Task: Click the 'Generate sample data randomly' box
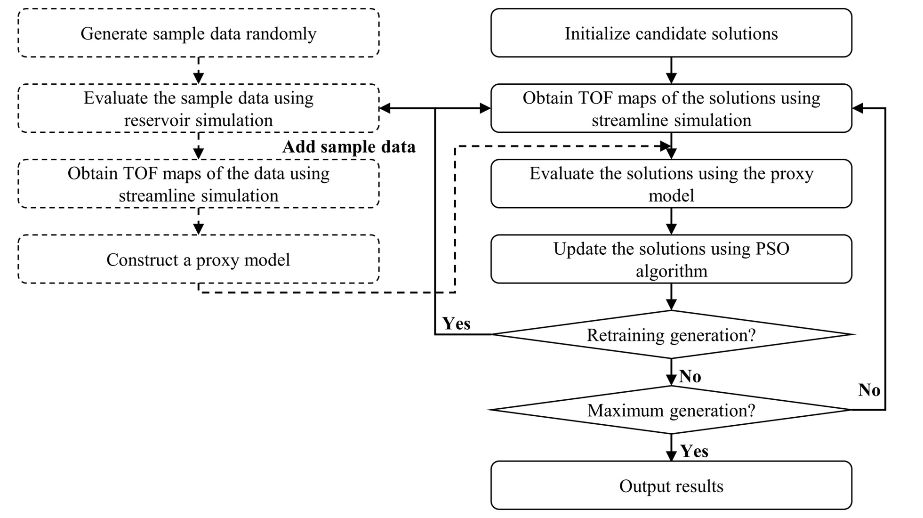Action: click(x=198, y=33)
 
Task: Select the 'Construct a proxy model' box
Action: click(x=198, y=259)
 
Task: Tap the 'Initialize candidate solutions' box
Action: click(x=671, y=33)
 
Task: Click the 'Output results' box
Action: click(x=671, y=486)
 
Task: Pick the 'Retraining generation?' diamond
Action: click(x=671, y=335)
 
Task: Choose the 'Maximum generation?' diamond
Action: click(x=671, y=410)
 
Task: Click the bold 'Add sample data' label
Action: click(x=348, y=147)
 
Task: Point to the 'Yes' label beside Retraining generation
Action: click(x=456, y=324)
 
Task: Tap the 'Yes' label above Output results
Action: click(x=694, y=451)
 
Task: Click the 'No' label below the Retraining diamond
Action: click(x=690, y=376)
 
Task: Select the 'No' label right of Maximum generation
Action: click(x=869, y=390)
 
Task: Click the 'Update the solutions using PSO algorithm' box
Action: click(x=671, y=259)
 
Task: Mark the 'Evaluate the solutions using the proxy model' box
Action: click(x=671, y=184)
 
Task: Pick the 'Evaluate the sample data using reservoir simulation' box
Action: click(x=198, y=109)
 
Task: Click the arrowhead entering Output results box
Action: click(x=671, y=455)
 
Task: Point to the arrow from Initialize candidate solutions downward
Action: click(x=671, y=71)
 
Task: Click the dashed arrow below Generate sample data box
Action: click(x=199, y=71)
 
